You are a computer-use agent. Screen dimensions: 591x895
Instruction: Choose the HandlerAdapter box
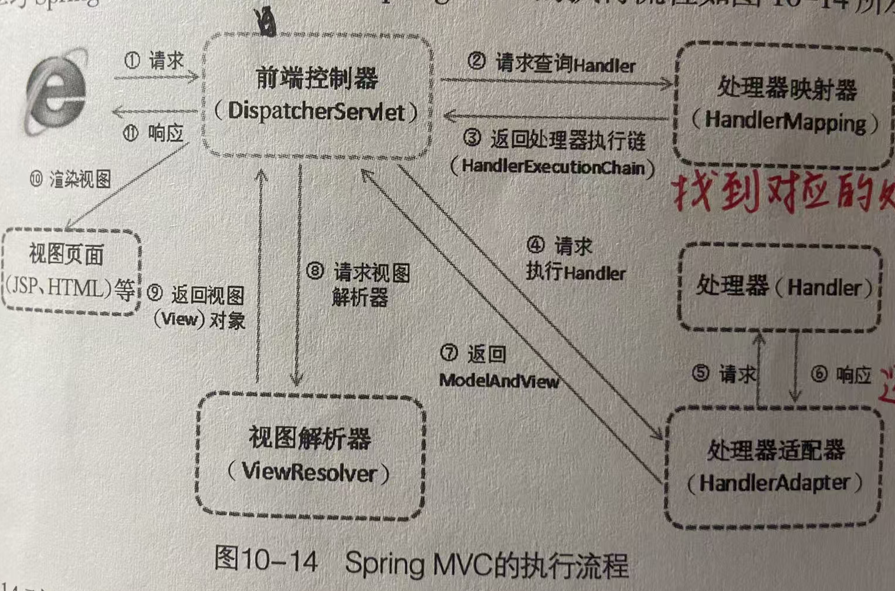point(774,467)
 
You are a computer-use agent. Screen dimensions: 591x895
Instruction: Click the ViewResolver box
point(310,455)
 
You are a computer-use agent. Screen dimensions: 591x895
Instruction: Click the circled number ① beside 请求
point(133,60)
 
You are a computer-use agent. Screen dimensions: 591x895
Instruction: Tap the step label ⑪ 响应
point(154,134)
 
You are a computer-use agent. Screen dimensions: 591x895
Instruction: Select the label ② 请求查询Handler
point(551,63)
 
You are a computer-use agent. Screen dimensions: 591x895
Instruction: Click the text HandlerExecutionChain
point(552,167)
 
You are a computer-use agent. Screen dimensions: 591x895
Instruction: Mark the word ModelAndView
point(499,381)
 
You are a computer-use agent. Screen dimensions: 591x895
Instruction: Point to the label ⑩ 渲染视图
point(70,179)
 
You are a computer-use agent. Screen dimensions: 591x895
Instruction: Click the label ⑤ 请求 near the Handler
point(724,374)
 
